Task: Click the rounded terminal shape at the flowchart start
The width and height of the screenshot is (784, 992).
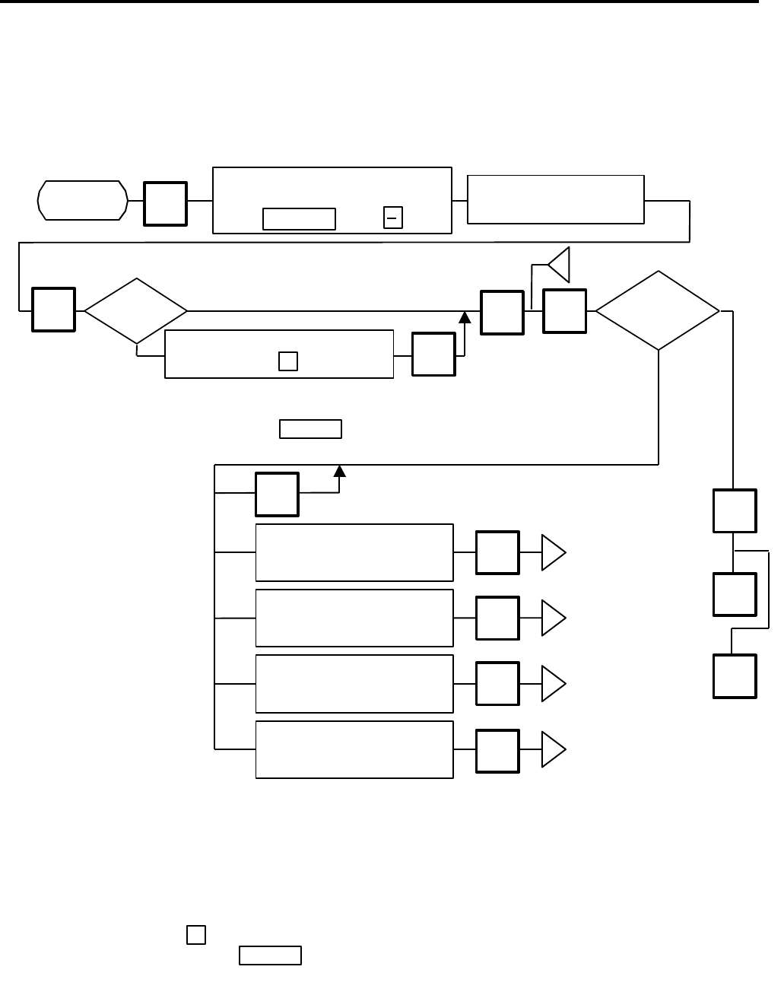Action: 82,201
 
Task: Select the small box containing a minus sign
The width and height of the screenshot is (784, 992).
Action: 393,218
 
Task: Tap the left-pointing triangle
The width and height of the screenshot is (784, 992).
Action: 560,265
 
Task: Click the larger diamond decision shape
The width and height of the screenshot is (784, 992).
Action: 658,310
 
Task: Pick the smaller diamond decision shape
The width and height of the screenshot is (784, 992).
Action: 136,311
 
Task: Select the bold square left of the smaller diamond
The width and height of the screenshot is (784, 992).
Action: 53,310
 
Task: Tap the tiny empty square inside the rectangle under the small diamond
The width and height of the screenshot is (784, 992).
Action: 287,361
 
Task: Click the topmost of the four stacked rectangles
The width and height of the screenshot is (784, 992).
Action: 354,552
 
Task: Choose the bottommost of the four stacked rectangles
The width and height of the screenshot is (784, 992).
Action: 354,749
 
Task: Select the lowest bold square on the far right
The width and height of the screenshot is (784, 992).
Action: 735,676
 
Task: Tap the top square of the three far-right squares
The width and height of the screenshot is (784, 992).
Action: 735,510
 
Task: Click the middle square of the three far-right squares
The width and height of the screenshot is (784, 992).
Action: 735,593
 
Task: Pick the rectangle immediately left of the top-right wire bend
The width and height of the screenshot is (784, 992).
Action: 555,199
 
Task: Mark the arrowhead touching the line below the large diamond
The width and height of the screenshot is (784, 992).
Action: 340,471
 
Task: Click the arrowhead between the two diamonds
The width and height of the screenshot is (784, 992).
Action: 465,316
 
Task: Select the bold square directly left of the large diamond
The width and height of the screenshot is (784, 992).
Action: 565,311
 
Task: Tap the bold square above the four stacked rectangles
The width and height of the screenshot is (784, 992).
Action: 278,494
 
